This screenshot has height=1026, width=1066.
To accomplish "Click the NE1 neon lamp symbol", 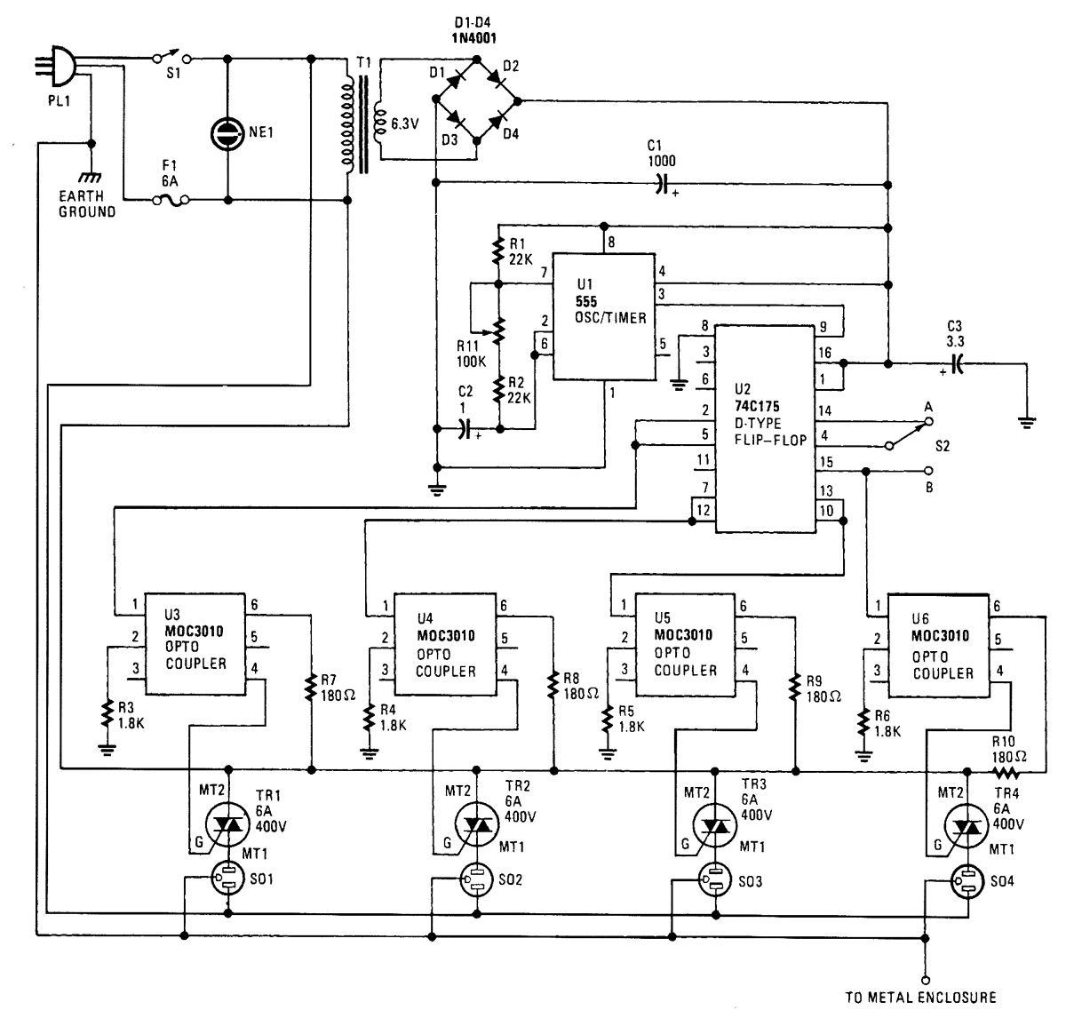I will (x=227, y=133).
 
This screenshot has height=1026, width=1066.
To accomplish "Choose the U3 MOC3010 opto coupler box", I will (x=195, y=644).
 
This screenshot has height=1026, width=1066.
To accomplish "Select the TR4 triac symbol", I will (x=965, y=827).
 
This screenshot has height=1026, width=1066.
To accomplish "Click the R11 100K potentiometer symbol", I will (x=498, y=330).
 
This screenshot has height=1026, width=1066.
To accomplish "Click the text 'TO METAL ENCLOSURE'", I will (x=920, y=998).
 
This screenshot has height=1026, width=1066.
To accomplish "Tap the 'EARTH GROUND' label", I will (x=87, y=203).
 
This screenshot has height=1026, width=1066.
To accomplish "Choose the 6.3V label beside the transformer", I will (x=404, y=124).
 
